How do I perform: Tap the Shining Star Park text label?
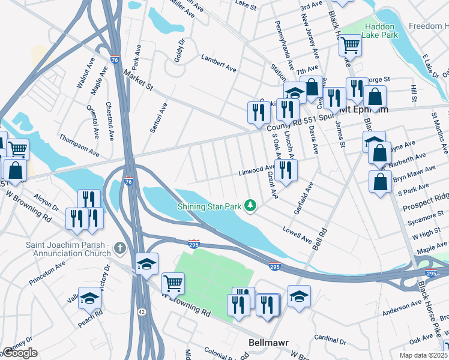click(x=209, y=206)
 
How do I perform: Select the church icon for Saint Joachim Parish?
click(x=120, y=247)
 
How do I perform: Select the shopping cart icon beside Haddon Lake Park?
click(x=349, y=44)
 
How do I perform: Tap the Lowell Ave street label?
click(x=298, y=234)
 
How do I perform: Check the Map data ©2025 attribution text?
click(x=423, y=355)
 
